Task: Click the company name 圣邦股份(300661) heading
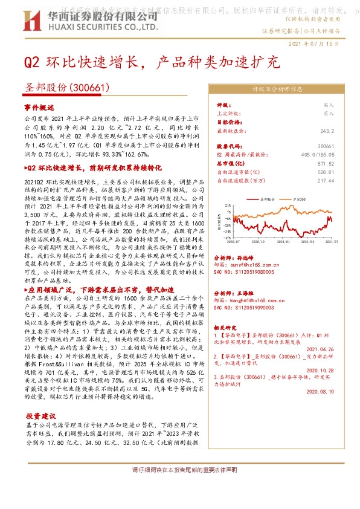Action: click(66, 87)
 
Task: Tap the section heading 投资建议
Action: click(39, 417)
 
